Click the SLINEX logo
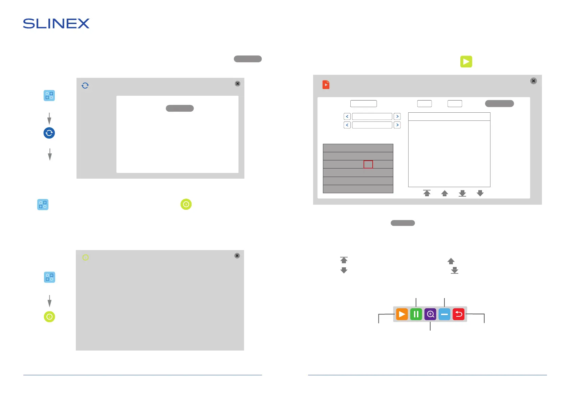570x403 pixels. pos(56,24)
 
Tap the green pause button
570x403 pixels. pos(416,314)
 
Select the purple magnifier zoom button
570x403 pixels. pos(430,314)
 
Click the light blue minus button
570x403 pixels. pos(444,314)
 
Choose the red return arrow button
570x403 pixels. pos(459,314)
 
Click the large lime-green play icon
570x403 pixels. pos(466,62)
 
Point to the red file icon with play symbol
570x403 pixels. pos(326,85)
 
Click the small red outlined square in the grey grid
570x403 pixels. pos(368,164)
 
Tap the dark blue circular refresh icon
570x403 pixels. pos(49,133)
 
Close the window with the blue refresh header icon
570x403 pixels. pos(238,84)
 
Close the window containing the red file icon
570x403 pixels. pos(533,81)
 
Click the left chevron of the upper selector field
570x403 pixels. pos(347,116)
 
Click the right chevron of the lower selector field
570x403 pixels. pos(397,125)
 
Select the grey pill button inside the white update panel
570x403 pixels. pos(180,108)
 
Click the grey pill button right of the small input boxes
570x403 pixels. pos(499,104)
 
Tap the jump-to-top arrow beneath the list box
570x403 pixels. pos(427,193)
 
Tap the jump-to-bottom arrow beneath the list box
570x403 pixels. pos(462,193)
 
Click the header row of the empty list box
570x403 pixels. pos(449,117)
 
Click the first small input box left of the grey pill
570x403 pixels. pos(424,104)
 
